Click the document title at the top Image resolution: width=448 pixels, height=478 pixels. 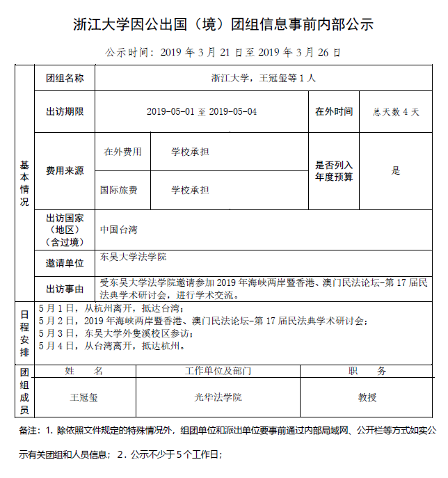[x=223, y=25]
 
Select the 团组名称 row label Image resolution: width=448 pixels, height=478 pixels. [x=65, y=78]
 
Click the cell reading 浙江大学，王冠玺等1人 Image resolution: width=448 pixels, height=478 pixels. [x=263, y=78]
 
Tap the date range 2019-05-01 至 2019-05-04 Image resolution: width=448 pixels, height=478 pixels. [x=202, y=111]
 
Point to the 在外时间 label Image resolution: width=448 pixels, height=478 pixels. [x=334, y=111]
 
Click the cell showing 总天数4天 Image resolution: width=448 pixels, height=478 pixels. [x=396, y=111]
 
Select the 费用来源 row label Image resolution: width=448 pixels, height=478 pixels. [x=65, y=170]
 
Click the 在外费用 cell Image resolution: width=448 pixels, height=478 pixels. [x=122, y=152]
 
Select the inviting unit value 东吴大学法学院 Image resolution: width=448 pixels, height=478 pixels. [x=134, y=257]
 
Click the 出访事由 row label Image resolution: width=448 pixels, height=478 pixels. [x=65, y=289]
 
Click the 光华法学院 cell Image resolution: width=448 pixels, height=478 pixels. [x=218, y=397]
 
